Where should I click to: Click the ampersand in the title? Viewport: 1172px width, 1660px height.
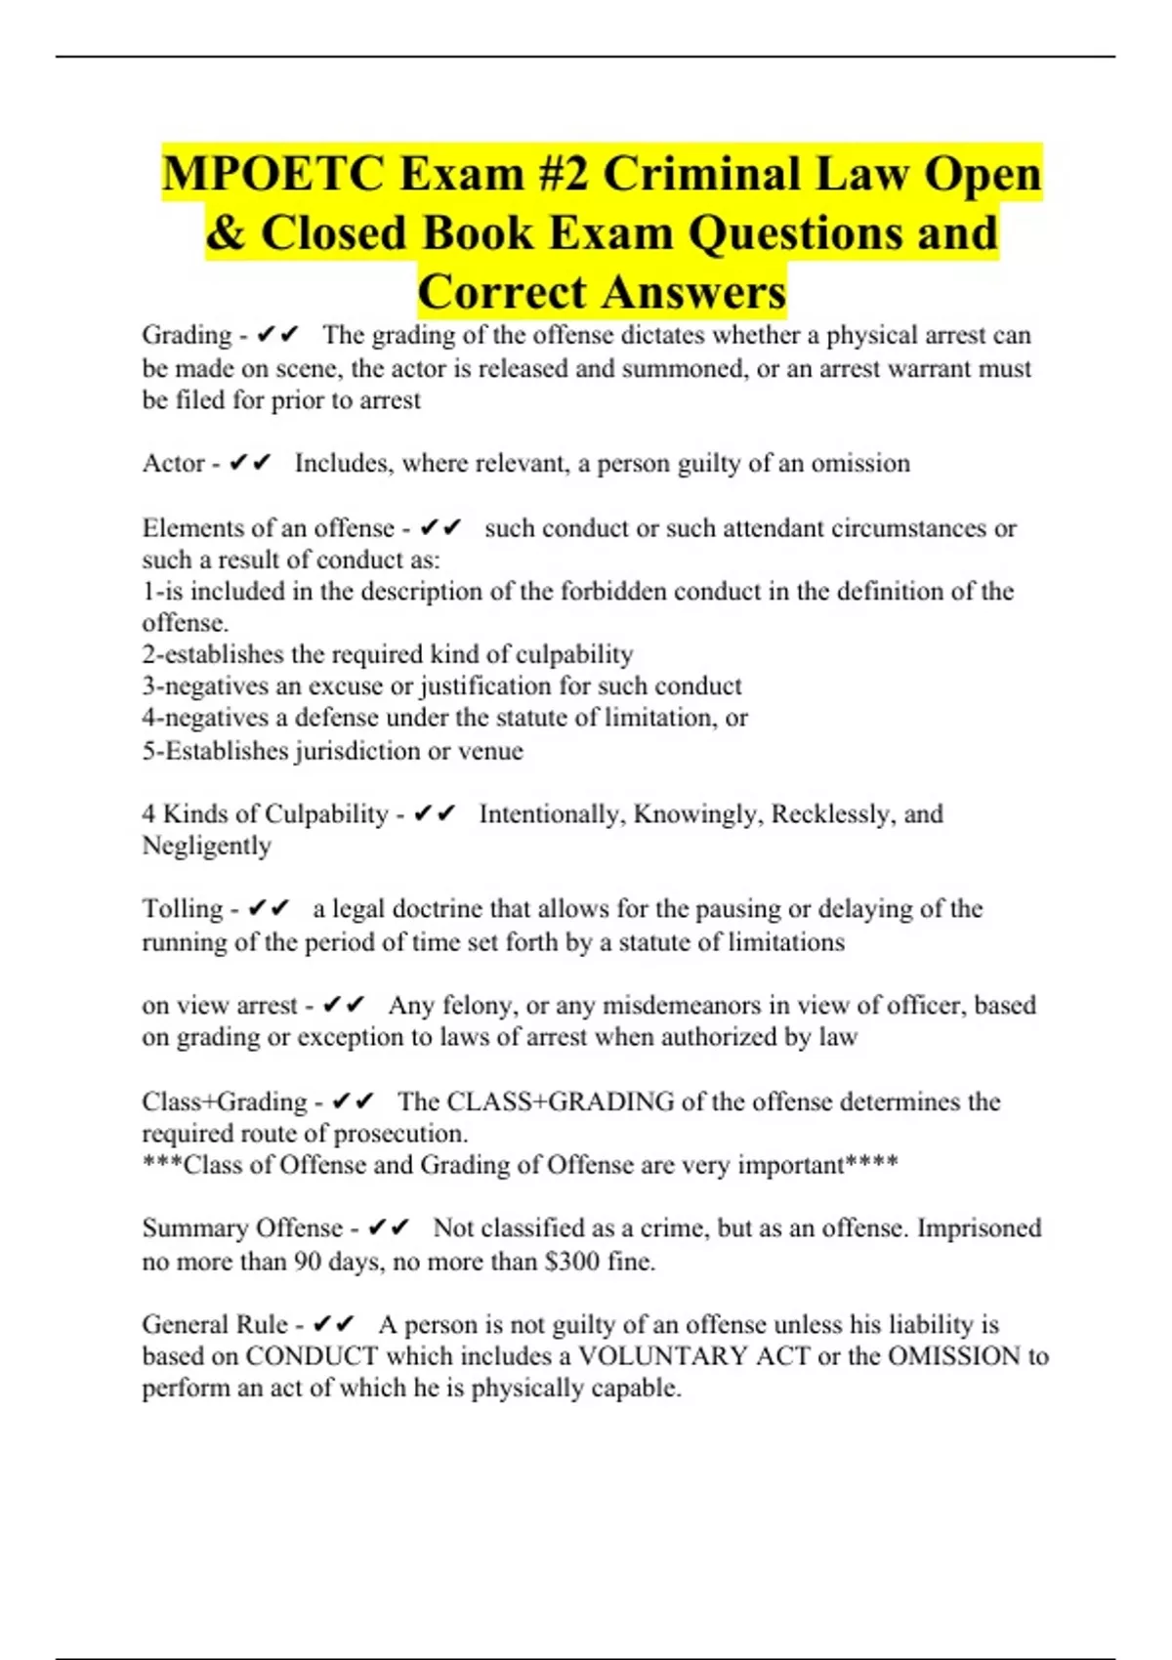click(x=226, y=233)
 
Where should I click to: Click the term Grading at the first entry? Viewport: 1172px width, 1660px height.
click(x=187, y=335)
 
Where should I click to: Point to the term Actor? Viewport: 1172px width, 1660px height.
click(x=173, y=463)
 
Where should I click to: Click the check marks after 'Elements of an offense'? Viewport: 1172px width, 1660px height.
click(x=440, y=528)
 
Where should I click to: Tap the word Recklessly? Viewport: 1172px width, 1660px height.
click(x=832, y=814)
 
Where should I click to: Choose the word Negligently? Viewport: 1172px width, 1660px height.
click(x=206, y=846)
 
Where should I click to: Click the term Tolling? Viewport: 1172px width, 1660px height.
click(x=183, y=909)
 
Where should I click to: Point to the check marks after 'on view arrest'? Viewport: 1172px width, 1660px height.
click(x=344, y=1005)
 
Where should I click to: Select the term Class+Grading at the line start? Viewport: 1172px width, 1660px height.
click(x=225, y=1101)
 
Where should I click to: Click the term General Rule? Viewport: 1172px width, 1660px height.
click(x=215, y=1325)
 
